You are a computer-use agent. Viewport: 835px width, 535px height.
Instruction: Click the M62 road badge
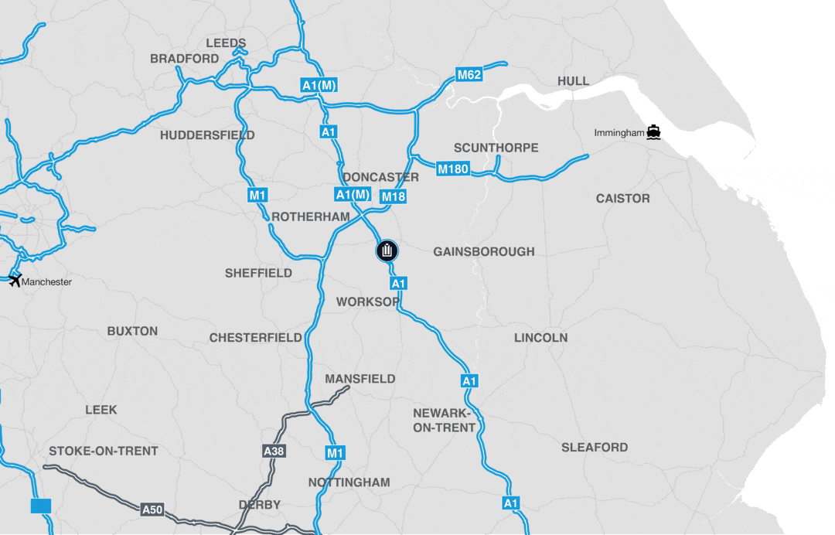tap(469, 75)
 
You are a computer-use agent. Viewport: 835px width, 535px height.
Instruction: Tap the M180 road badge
tap(453, 169)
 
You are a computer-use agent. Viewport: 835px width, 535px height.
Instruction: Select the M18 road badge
tap(394, 197)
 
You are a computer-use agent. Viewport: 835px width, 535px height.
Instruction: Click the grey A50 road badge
tap(152, 509)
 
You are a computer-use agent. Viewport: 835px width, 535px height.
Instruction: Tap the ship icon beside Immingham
tap(654, 132)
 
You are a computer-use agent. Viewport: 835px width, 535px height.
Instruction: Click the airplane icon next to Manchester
tap(14, 280)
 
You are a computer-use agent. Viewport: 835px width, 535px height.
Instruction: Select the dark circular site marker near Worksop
tap(387, 250)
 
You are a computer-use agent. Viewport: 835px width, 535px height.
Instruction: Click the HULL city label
tap(573, 81)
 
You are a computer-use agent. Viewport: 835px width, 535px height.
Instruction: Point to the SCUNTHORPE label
tap(496, 148)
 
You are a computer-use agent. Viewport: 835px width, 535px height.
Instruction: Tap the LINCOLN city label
tap(541, 338)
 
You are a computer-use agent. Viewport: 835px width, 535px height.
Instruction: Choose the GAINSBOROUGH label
tap(484, 252)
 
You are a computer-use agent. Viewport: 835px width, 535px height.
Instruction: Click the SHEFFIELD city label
tap(258, 273)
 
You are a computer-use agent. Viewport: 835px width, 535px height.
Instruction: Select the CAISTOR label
tap(623, 199)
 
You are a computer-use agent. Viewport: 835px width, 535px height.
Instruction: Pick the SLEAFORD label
tap(595, 447)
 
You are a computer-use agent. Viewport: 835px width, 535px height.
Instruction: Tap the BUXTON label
tap(132, 331)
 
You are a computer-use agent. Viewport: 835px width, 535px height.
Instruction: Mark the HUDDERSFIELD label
tap(207, 135)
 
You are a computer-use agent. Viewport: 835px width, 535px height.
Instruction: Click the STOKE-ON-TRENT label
tap(104, 451)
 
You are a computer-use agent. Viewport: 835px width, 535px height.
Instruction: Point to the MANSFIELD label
tap(360, 379)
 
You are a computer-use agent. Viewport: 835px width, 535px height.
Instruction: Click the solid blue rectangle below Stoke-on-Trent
tap(41, 506)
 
